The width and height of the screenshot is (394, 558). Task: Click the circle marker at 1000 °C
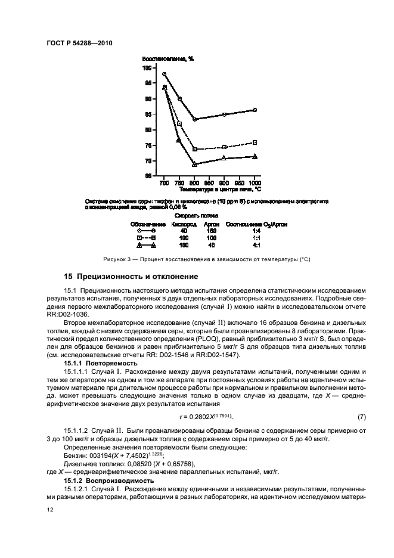point(255,110)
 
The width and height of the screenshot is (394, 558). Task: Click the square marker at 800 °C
point(195,149)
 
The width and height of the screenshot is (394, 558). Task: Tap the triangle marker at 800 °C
point(195,163)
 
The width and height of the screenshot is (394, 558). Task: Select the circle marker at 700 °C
point(164,75)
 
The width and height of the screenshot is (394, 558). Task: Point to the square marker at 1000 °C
point(255,142)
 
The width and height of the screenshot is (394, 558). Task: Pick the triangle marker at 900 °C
point(224,158)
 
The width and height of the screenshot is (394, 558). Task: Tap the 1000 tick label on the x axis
point(255,182)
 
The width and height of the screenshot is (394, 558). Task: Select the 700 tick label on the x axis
point(164,182)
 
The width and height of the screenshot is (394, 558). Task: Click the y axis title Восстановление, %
point(163,58)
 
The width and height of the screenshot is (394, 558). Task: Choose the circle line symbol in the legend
point(147,230)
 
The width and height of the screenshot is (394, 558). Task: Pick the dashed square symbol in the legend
point(147,237)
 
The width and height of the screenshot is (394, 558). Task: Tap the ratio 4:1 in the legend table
point(256,245)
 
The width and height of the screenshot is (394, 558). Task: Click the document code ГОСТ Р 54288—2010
point(79,44)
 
